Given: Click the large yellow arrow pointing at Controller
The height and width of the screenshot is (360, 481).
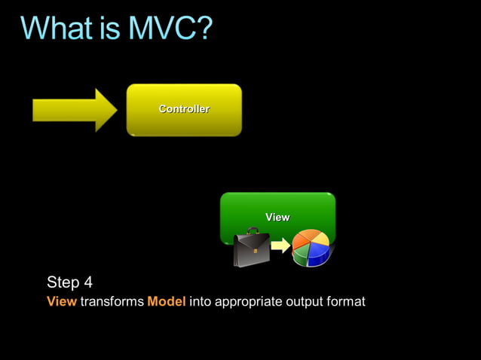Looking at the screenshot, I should (74, 111).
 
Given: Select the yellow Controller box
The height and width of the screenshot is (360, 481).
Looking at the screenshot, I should (184, 110).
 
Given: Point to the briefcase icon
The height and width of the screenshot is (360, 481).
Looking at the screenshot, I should (251, 249).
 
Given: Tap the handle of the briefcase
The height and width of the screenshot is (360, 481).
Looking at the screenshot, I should (251, 231).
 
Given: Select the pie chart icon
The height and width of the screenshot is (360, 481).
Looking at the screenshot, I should (311, 248).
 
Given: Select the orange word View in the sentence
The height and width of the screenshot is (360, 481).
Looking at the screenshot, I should (61, 302).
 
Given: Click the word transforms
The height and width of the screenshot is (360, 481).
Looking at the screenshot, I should (112, 302).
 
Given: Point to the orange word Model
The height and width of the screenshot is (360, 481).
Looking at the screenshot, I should (166, 302).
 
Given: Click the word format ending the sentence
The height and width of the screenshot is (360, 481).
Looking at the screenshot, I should (347, 302).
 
